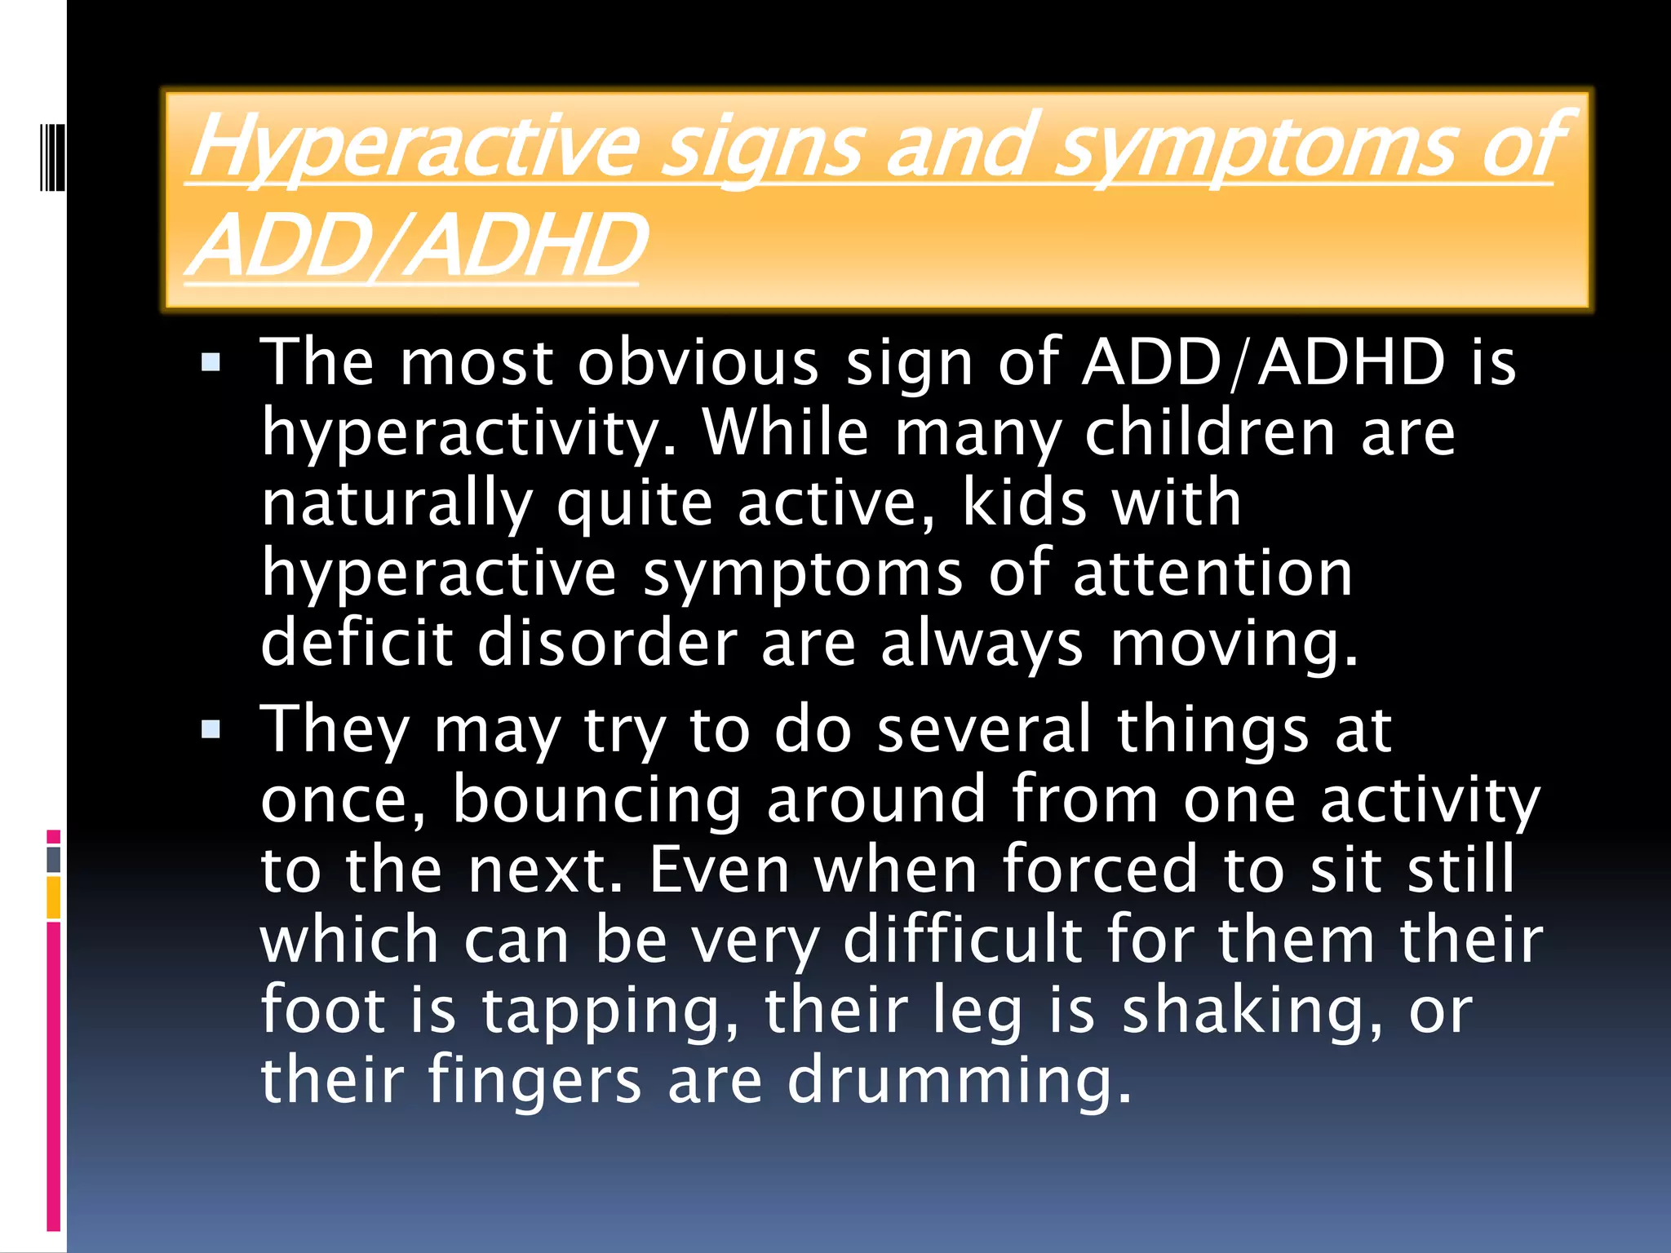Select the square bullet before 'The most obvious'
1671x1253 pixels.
[x=211, y=362]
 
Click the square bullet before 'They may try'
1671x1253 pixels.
[x=211, y=728]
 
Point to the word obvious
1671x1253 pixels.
[x=698, y=362]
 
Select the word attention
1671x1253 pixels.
[x=1213, y=573]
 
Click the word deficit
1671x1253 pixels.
[x=357, y=643]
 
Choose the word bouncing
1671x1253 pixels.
[x=596, y=800]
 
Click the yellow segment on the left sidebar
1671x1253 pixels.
[x=54, y=897]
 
